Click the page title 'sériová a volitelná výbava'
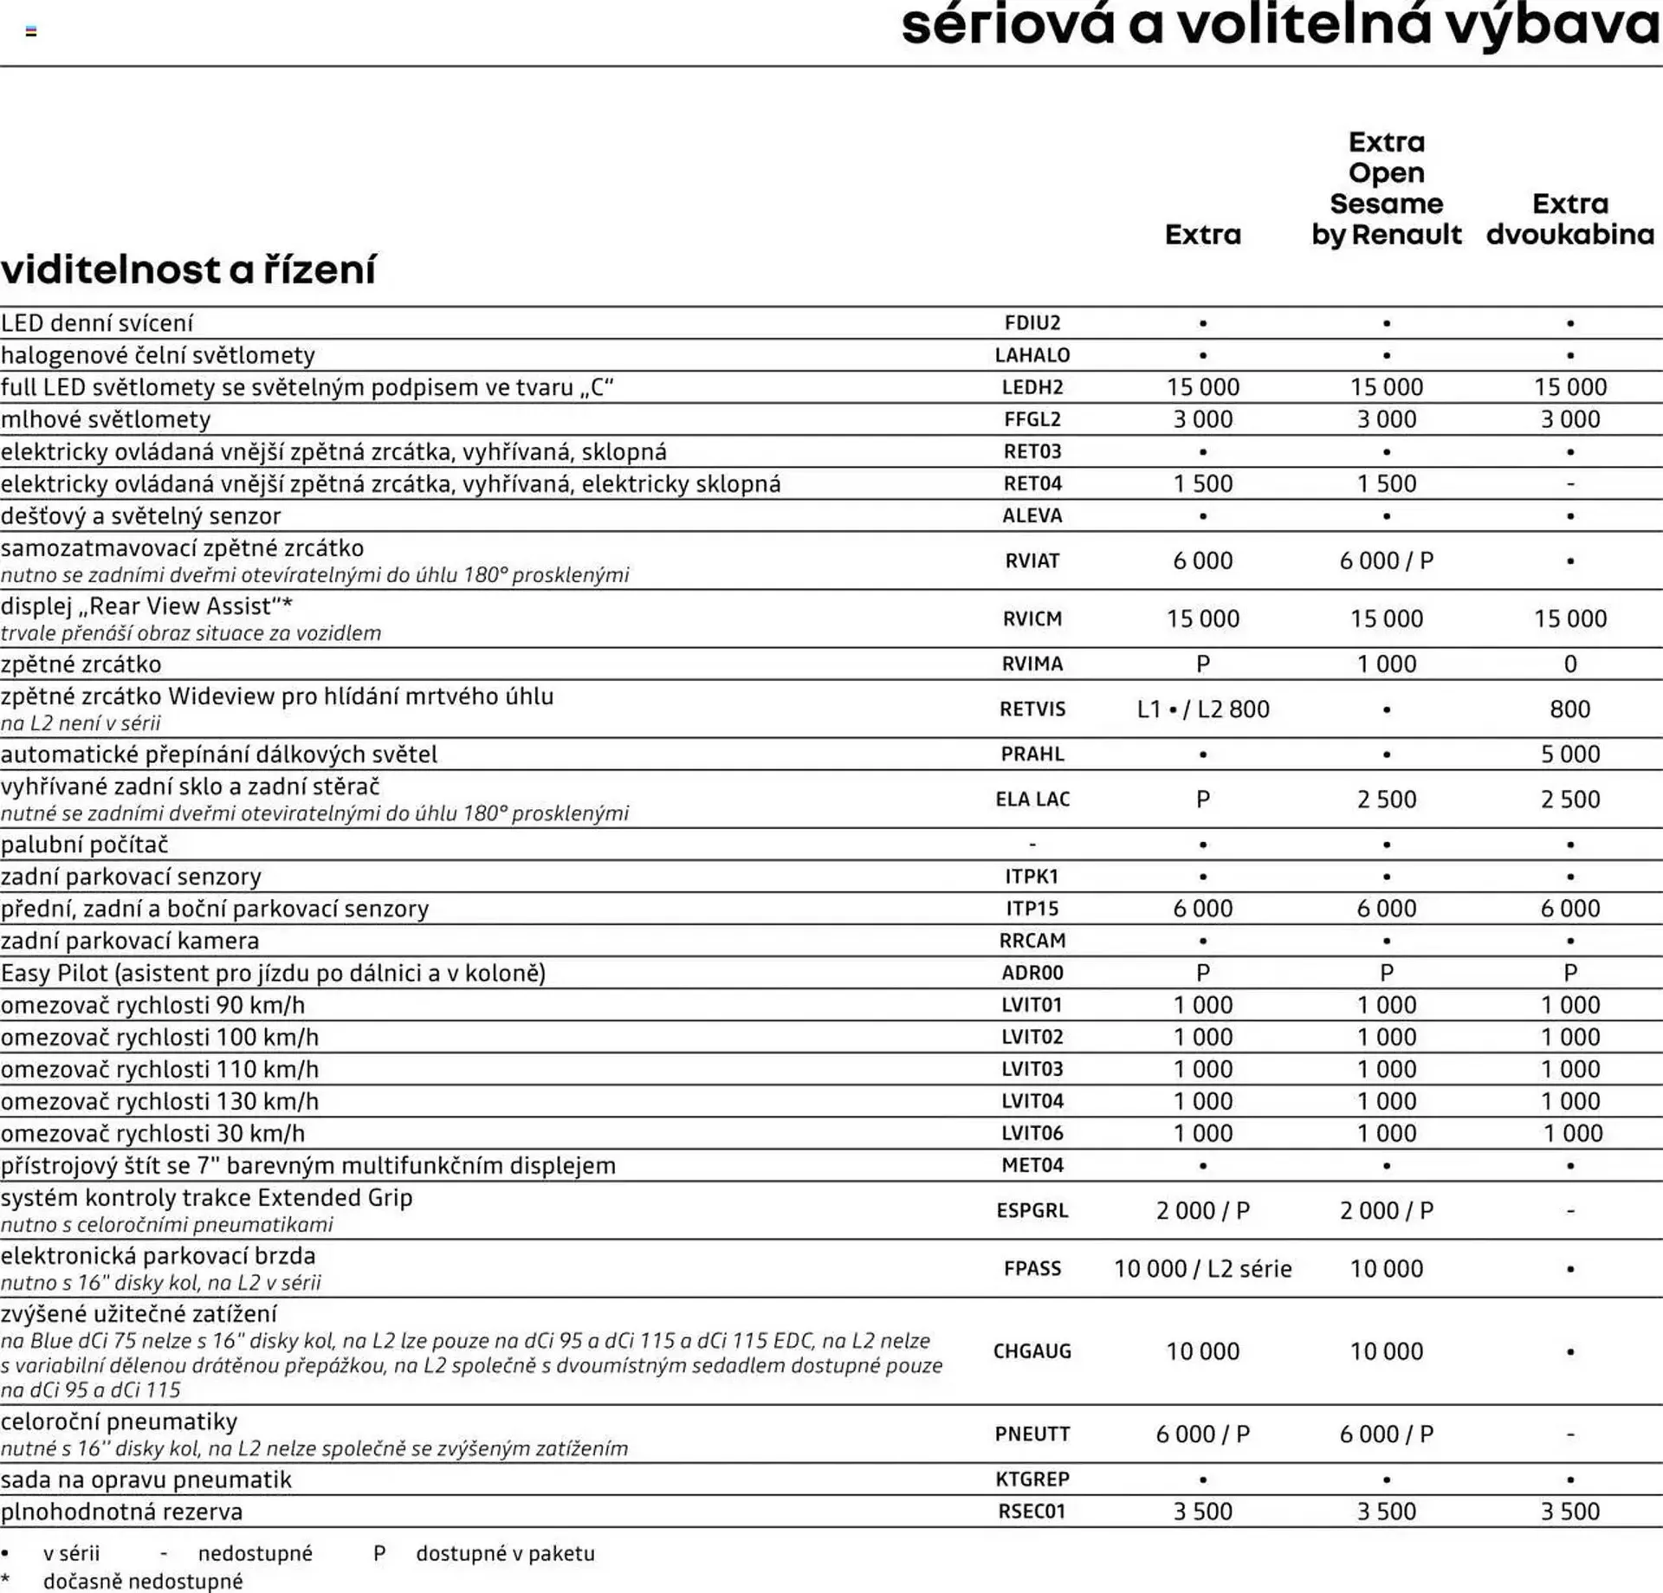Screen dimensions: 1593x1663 1280,26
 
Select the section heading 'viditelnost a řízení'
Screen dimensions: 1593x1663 188,269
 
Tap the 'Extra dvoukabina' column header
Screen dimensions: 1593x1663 1569,219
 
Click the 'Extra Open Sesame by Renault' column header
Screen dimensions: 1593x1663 1386,188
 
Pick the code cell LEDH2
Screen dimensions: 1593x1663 1032,387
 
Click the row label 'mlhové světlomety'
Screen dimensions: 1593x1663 106,419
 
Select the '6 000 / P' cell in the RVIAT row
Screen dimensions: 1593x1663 1386,560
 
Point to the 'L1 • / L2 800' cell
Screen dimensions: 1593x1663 1202,709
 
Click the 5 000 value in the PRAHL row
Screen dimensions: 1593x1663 1569,754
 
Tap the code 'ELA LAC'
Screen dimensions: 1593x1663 1032,799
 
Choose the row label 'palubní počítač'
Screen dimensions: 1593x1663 85,844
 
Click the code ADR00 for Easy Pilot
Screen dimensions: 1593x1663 1032,973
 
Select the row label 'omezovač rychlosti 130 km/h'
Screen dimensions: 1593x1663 160,1101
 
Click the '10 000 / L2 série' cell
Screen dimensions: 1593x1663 1202,1268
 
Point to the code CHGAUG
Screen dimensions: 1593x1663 1032,1350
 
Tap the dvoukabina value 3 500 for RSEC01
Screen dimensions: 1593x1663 1569,1511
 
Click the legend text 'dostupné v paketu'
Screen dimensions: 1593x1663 505,1553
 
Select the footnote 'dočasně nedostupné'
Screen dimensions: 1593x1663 143,1581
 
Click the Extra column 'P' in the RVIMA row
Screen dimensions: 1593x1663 1202,664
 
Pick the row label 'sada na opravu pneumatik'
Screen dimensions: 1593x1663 146,1479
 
